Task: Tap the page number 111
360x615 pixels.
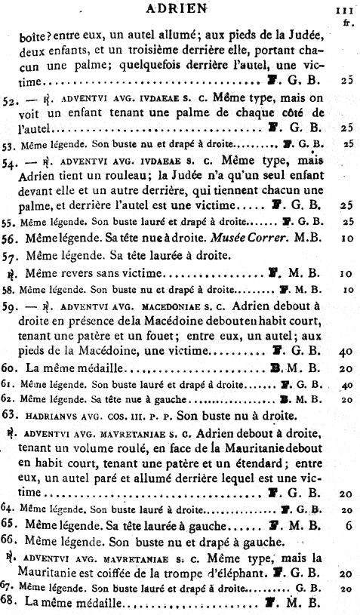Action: tap(346, 11)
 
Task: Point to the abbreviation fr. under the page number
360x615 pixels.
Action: tap(347, 22)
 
